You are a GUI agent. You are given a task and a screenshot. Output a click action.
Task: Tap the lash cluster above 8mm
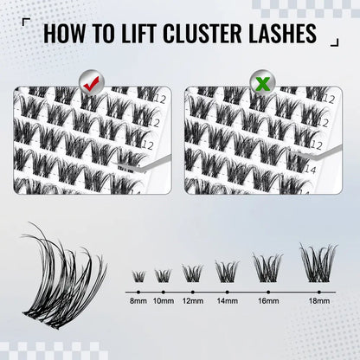[138, 276]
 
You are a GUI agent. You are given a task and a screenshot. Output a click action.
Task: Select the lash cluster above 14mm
[225, 270]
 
